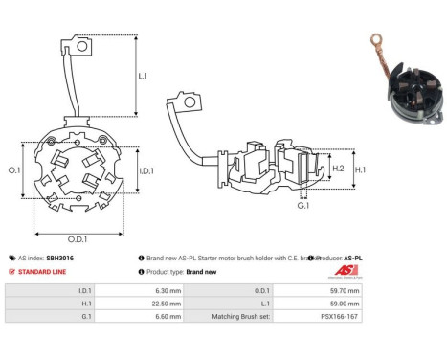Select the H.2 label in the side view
[338, 169]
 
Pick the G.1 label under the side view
[303, 206]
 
